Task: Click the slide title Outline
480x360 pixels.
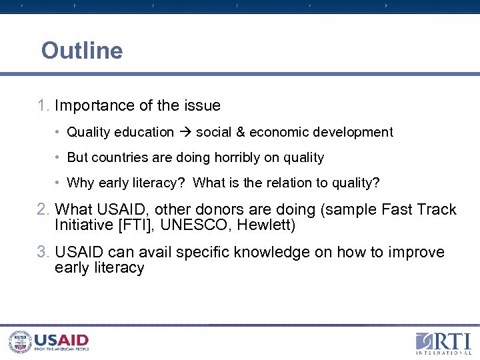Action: [82, 51]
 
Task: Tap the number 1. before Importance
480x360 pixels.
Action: [44, 105]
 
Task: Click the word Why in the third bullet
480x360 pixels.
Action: [81, 183]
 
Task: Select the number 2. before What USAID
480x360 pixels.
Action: [44, 209]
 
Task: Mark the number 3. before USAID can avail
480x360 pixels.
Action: [44, 252]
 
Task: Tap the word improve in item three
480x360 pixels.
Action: [417, 252]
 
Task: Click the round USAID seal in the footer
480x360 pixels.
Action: [20, 342]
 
